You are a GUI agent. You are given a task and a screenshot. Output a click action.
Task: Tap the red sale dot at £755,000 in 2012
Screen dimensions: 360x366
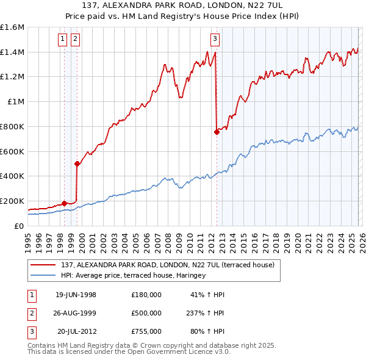point(217,132)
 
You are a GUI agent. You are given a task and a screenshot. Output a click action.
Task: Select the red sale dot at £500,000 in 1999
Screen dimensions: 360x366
point(77,164)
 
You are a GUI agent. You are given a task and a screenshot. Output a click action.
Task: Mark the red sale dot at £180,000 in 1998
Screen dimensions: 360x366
point(64,203)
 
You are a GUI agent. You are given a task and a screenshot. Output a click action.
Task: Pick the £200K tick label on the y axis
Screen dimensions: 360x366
point(12,201)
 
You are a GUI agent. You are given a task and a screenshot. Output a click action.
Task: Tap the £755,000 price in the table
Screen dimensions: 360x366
point(146,331)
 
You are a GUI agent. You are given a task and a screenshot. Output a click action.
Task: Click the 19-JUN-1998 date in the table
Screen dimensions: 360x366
point(76,295)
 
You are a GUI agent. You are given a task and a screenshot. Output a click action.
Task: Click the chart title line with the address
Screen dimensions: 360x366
point(183,7)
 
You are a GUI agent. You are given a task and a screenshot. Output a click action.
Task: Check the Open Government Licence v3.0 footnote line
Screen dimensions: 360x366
point(129,353)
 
